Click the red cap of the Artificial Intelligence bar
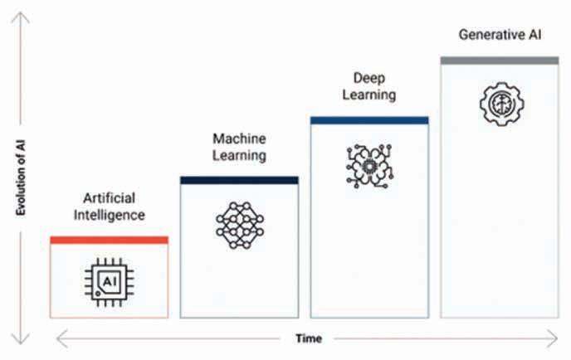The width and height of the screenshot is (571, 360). (109, 240)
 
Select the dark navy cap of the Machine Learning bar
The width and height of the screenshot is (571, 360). (239, 180)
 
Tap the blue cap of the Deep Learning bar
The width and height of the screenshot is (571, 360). (369, 120)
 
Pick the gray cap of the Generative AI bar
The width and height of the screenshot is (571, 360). (499, 61)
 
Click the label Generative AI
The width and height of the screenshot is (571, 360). (499, 36)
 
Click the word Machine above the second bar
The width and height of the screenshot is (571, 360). (239, 139)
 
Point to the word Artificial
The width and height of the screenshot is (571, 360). (109, 198)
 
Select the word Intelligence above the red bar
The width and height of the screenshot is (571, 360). (109, 215)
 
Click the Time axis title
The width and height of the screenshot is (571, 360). (308, 338)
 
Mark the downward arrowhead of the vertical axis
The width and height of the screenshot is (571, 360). (22, 339)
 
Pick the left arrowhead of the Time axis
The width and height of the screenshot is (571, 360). (59, 338)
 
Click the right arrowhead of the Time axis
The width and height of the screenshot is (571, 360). (554, 338)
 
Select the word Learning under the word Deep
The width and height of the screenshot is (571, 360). (369, 95)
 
